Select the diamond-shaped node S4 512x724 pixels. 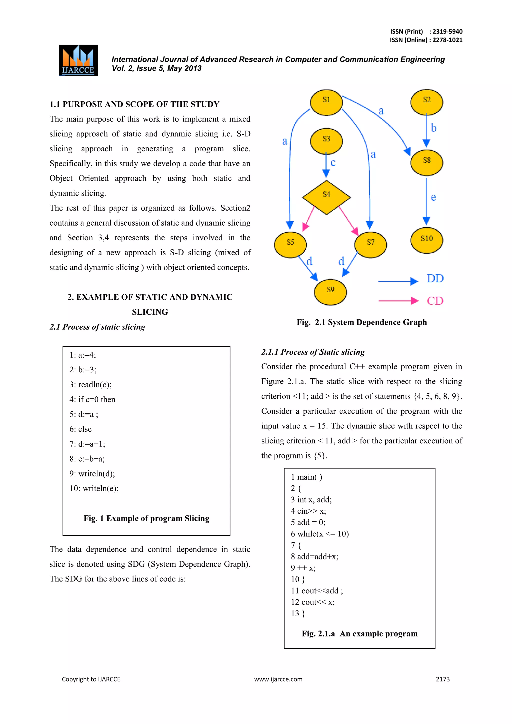[x=326, y=197]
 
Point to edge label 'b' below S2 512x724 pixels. [x=434, y=128]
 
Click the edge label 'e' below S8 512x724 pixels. [x=433, y=197]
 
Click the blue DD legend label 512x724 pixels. [x=435, y=278]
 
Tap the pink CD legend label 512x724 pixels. [x=435, y=301]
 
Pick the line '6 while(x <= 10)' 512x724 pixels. [x=320, y=533]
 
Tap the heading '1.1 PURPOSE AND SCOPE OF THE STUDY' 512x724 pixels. [x=134, y=104]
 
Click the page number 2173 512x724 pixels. [x=443, y=679]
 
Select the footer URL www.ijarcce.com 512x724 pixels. [x=278, y=679]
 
